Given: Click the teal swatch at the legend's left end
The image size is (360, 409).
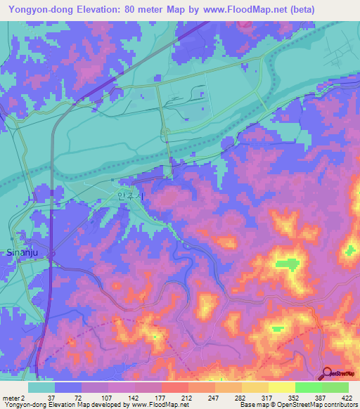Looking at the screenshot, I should coord(41,387).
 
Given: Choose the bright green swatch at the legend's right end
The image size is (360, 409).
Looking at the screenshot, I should coord(335,387).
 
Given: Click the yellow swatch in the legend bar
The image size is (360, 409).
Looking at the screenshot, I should coord(282,387).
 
